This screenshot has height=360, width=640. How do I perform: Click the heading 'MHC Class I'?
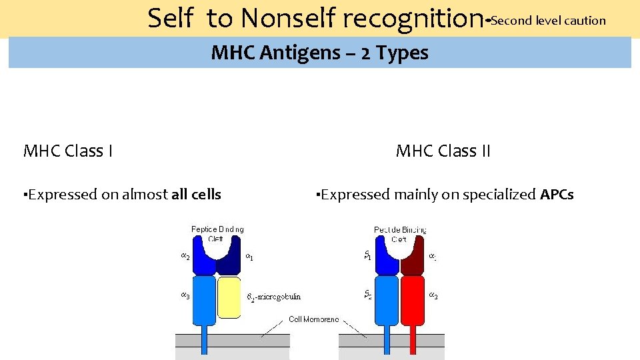pos(67,151)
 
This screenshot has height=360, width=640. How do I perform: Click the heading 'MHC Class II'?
pos(443,151)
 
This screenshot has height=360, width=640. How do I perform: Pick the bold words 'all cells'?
pos(196,195)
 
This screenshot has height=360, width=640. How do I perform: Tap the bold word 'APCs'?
pos(557,195)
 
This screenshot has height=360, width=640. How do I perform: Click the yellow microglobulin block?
pos(229,297)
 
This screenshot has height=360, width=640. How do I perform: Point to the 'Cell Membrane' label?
pos(313,319)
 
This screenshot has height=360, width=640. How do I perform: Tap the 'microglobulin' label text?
pos(277,297)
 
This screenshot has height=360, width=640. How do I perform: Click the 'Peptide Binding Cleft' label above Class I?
pos(217,234)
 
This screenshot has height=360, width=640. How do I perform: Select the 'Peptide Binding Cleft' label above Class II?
pos(400,234)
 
